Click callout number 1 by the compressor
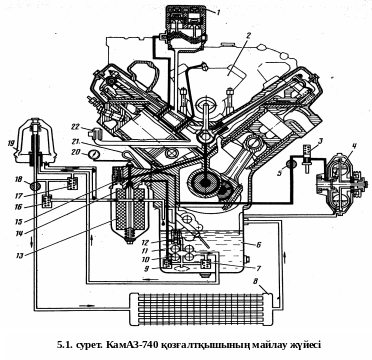tap(218, 12)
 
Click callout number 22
tap(74, 126)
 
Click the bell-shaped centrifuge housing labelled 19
tap(35, 140)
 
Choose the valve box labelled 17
tap(73, 184)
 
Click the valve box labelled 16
tap(47, 201)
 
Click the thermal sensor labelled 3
tap(307, 157)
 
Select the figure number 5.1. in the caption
tap(64, 344)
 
